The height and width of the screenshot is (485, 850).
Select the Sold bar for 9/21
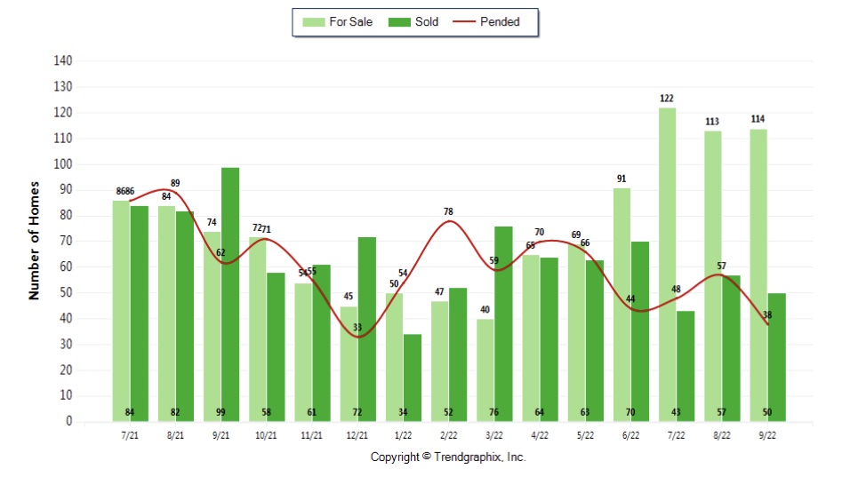tap(230, 293)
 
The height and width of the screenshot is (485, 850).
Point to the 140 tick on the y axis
tap(62, 61)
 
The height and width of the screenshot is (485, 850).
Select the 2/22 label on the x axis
tap(448, 436)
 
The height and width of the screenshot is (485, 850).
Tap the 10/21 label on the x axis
tap(267, 436)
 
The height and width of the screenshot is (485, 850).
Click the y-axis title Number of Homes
tap(35, 242)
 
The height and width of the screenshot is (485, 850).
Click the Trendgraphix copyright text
tap(448, 457)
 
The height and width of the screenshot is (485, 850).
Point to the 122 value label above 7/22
tap(667, 99)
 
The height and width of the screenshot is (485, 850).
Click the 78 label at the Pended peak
tap(448, 211)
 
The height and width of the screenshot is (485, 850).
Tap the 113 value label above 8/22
tap(712, 122)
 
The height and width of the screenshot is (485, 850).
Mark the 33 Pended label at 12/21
tap(357, 328)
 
